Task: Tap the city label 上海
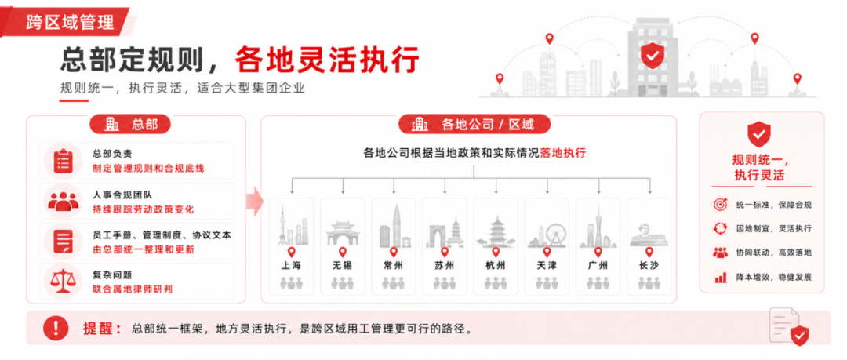(291, 265)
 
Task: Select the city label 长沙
(649, 265)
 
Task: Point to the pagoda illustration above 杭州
(496, 232)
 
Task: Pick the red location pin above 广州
(598, 252)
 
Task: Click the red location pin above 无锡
(343, 252)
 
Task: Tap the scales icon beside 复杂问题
(64, 281)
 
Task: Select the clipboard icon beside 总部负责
(64, 161)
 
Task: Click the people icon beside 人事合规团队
(64, 201)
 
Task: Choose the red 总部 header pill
(130, 125)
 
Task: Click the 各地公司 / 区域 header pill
(474, 125)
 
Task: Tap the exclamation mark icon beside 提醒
(56, 328)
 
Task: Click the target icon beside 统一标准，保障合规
(720, 205)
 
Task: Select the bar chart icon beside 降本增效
(720, 278)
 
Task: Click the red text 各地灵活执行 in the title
(327, 60)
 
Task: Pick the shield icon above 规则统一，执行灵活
(759, 134)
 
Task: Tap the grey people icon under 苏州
(445, 282)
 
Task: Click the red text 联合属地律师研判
(133, 289)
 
